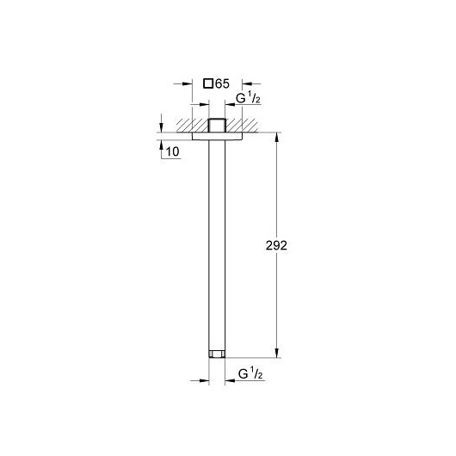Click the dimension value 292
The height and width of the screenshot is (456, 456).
[x=276, y=246]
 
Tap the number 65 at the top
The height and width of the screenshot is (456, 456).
[x=223, y=83]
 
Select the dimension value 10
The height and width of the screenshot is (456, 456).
[x=172, y=151]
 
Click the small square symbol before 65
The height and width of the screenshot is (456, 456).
[x=208, y=83]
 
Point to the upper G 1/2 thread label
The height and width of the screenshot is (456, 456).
[x=248, y=99]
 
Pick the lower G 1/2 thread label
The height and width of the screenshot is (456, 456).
[x=250, y=374]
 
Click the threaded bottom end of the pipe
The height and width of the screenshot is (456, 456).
[x=217, y=354]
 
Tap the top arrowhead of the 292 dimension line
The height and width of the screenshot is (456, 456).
[x=276, y=138]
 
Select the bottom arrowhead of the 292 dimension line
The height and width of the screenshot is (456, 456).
[x=276, y=353]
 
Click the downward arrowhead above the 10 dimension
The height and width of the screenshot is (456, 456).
[x=162, y=128]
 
